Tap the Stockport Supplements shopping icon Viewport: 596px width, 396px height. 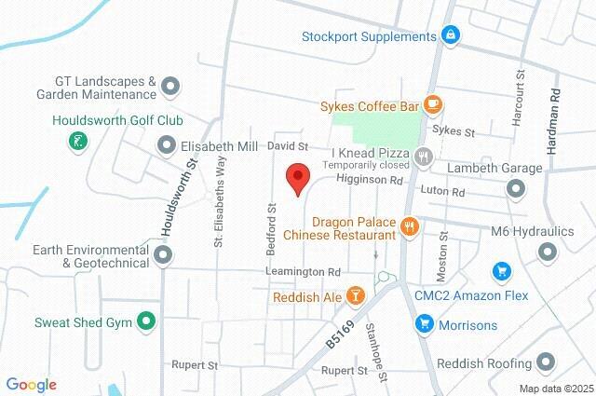pyautogui.click(x=450, y=36)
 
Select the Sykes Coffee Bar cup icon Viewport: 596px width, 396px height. pyautogui.click(x=431, y=104)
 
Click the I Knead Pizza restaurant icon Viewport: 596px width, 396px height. pyautogui.click(x=425, y=157)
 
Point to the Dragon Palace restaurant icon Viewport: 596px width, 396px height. pyautogui.click(x=408, y=225)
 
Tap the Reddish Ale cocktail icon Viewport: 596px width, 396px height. pyautogui.click(x=354, y=296)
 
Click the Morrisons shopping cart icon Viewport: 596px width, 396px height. pyautogui.click(x=424, y=324)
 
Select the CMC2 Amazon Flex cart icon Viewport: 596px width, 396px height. pyautogui.click(x=501, y=271)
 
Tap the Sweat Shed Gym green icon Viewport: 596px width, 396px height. pyautogui.click(x=145, y=322)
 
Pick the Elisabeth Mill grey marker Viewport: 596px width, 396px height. pyautogui.click(x=167, y=145)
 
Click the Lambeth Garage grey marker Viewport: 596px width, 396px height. pyautogui.click(x=516, y=189)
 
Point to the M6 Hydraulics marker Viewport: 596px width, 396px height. pyautogui.click(x=547, y=251)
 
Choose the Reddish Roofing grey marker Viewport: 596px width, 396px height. pyautogui.click(x=547, y=362)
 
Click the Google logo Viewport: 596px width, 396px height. pyautogui.click(x=31, y=385)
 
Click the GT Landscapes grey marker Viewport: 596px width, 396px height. pyautogui.click(x=170, y=88)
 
